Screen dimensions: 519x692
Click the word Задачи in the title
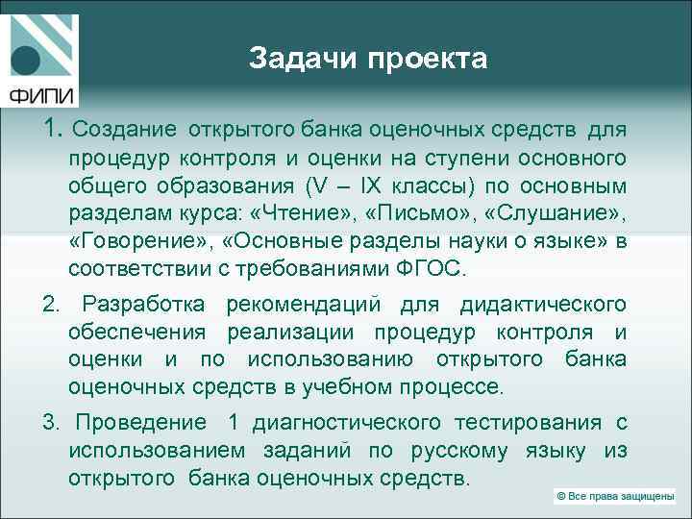295,60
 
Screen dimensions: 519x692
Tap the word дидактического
543,306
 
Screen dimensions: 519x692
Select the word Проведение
140,423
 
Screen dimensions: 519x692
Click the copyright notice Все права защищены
614,497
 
